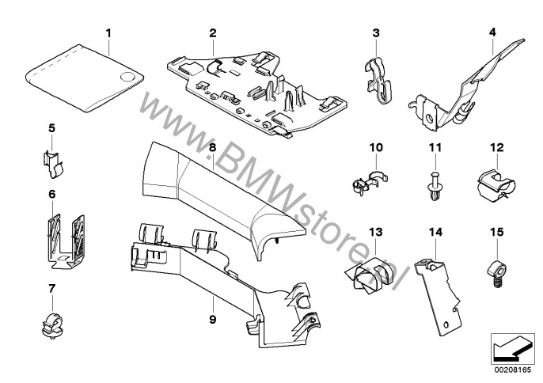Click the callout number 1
tap(109, 33)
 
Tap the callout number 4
tap(492, 32)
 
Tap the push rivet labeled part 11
tap(433, 188)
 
